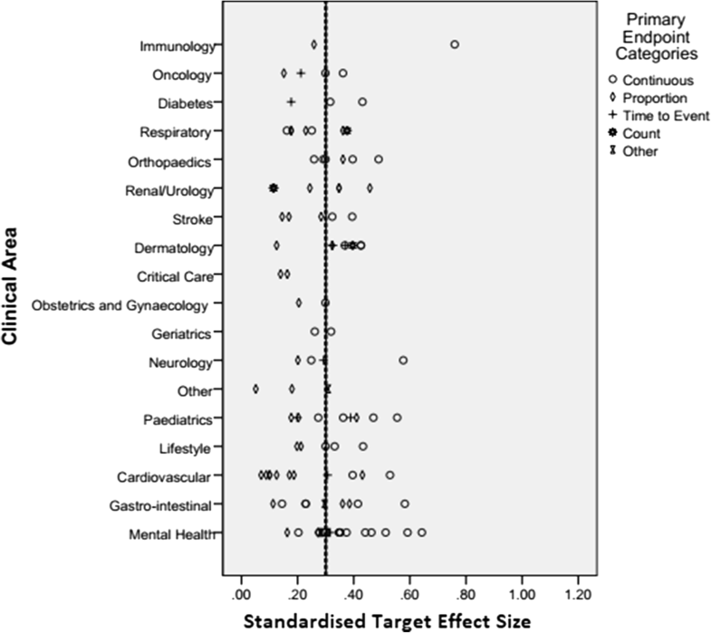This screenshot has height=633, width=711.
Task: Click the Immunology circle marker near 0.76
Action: (455, 44)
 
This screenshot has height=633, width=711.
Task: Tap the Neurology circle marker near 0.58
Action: (403, 360)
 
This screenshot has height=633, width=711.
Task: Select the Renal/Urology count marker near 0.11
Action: (273, 187)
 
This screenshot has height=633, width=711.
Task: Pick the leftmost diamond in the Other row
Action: (255, 388)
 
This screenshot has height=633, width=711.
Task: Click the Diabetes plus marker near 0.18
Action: (291, 102)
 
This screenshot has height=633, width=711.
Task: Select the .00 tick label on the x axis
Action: (241, 593)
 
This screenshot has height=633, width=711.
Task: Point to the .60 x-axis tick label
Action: (409, 593)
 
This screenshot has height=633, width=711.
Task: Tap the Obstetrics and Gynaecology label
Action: (120, 305)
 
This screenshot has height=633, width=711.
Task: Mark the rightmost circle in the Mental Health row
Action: (421, 532)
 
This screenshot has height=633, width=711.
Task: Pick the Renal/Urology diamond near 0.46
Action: (370, 188)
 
